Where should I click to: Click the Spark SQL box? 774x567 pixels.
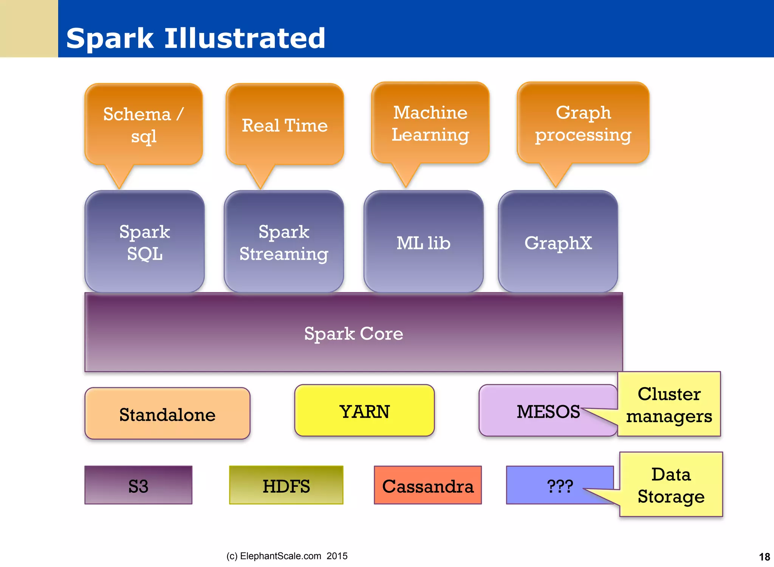click(144, 242)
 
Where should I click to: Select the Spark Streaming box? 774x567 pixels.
click(283, 242)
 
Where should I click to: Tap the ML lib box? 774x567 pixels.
click(423, 242)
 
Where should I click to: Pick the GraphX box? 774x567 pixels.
click(558, 242)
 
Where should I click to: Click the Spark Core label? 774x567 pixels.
click(353, 333)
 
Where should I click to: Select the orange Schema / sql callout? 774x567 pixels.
click(144, 125)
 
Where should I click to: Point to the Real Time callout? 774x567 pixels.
click(285, 125)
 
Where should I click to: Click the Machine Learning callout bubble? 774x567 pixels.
click(430, 123)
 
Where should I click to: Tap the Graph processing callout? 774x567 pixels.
click(583, 123)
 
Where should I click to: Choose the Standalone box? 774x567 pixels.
click(167, 414)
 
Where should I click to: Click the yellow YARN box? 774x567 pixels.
click(364, 411)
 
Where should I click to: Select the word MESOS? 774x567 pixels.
click(548, 411)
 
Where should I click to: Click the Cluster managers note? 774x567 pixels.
click(669, 404)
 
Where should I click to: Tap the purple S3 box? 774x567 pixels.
click(138, 486)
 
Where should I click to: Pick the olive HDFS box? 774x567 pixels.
click(286, 486)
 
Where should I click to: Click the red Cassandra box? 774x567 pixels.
click(428, 486)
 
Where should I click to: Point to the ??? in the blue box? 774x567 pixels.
click(560, 486)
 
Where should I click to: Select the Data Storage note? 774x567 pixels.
click(671, 485)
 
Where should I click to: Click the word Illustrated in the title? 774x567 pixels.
click(245, 38)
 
